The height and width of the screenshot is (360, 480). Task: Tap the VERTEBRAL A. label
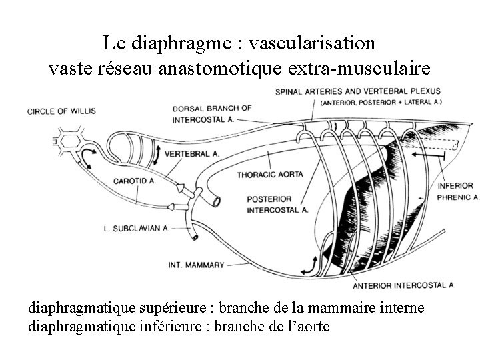(191, 154)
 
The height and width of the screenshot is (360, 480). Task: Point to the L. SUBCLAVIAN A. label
(136, 228)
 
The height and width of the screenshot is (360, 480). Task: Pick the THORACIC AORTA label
(270, 175)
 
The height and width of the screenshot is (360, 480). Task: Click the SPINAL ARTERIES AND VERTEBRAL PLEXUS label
(357, 91)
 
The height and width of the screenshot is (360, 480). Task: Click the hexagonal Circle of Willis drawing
(68, 141)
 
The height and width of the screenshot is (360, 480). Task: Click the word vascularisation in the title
(311, 44)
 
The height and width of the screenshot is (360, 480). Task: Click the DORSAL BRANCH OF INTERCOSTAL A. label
(212, 114)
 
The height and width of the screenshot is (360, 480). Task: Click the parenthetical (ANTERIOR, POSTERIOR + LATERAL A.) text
(381, 103)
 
